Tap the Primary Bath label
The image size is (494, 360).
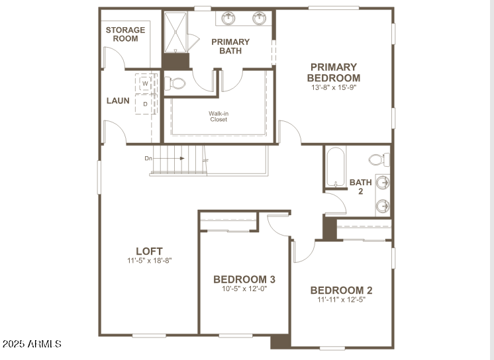[x=230, y=46]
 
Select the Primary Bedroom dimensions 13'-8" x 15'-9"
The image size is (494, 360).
[x=333, y=87]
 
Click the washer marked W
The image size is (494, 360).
[x=146, y=84]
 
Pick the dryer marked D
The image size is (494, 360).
[x=146, y=104]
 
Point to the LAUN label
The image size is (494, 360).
[x=118, y=101]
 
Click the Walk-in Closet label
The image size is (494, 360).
[x=219, y=116]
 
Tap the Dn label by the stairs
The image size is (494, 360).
[x=148, y=159]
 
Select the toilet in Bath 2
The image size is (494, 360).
[x=379, y=159]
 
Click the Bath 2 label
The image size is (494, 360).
[x=361, y=187]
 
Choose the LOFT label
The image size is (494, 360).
[x=149, y=251]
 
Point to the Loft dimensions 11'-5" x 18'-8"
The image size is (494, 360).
[x=150, y=261]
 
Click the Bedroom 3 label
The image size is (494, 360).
[x=244, y=279]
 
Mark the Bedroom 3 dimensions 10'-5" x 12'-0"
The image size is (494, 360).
[x=244, y=289]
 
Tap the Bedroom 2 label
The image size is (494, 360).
[x=341, y=290]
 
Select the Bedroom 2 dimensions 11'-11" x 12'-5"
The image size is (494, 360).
[x=341, y=300]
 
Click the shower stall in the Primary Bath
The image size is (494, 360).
[x=175, y=32]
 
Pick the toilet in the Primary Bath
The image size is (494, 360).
[x=175, y=84]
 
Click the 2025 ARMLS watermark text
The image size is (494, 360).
[x=32, y=344]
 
